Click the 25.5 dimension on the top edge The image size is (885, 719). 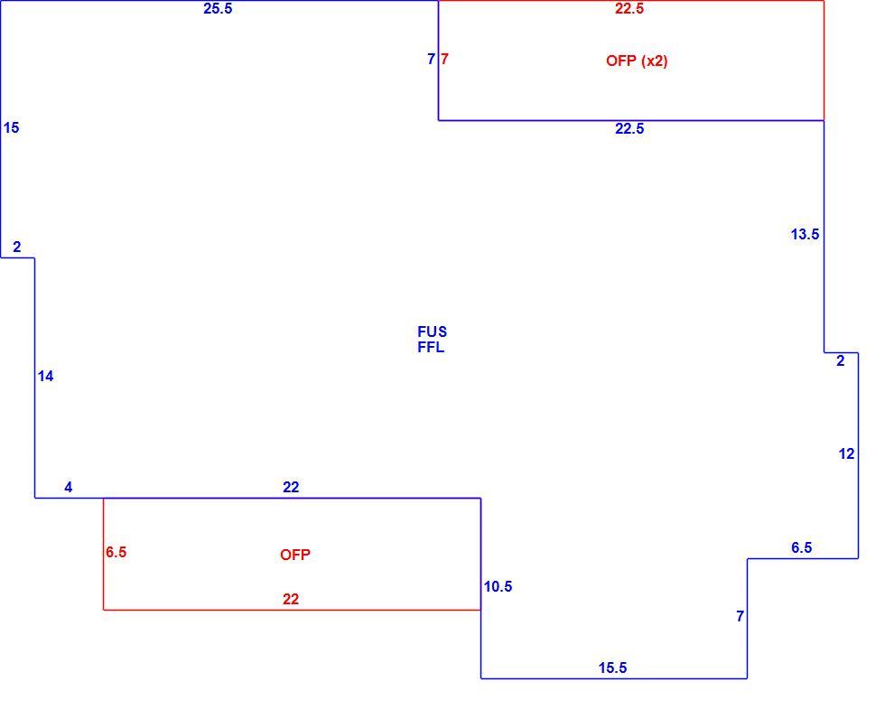218,8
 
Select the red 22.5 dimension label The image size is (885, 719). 629,8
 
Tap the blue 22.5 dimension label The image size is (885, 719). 629,128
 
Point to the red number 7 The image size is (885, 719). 444,59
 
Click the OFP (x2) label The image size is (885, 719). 637,61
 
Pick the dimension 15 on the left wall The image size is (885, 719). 11,128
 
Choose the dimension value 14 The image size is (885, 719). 46,377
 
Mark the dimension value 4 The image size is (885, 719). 69,488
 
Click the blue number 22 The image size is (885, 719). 291,488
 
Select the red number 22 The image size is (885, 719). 291,600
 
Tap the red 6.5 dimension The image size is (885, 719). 116,553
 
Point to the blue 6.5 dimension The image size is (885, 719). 802,548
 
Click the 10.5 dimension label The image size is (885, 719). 498,587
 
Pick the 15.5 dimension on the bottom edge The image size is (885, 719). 612,668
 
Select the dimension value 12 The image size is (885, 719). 847,453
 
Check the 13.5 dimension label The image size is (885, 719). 805,234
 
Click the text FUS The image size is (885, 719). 432,331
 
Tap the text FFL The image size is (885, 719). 431,348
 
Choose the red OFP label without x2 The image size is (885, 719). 295,556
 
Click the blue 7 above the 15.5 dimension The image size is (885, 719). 740,617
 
